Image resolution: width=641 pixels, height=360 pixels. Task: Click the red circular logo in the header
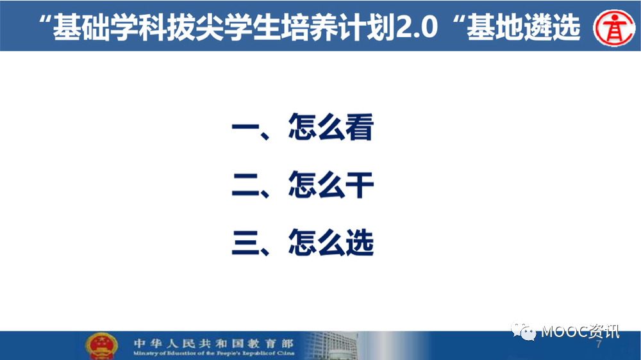(614, 28)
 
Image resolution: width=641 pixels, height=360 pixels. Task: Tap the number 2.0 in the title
(417, 28)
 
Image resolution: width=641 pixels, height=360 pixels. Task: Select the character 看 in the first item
(360, 127)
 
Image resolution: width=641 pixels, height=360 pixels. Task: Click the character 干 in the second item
(360, 185)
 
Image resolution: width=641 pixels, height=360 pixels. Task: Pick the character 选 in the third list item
(360, 243)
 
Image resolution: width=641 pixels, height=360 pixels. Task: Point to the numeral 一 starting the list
(246, 127)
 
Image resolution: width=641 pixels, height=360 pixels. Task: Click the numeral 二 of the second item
(246, 185)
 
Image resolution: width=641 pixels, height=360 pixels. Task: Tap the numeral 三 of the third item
(246, 243)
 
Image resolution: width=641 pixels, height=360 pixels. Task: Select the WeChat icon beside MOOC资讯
(524, 331)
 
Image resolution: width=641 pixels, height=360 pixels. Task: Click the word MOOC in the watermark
(565, 332)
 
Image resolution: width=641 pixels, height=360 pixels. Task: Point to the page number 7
(599, 344)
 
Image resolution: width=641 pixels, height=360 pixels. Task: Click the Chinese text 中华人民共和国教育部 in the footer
(213, 343)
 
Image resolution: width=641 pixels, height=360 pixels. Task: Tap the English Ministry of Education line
(213, 353)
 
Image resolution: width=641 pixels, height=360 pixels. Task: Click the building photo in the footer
(331, 346)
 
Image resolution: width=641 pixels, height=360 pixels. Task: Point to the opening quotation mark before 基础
(45, 20)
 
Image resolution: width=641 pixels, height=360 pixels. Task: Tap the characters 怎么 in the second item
(316, 185)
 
